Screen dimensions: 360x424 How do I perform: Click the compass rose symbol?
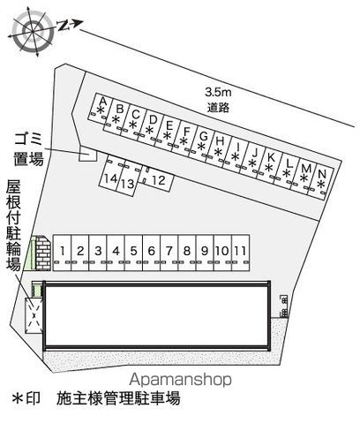(32, 32)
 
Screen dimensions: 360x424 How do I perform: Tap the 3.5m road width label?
(218, 93)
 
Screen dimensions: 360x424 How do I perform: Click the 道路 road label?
(218, 107)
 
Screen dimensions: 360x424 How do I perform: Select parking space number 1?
(63, 253)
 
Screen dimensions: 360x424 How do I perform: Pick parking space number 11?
(241, 253)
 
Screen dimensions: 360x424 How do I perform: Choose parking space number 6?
(152, 253)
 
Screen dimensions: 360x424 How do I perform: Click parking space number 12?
(156, 179)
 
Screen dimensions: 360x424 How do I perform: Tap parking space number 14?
(109, 174)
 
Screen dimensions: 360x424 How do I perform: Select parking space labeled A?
(98, 109)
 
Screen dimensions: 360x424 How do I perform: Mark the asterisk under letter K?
(269, 168)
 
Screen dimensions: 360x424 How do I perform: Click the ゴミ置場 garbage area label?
(29, 149)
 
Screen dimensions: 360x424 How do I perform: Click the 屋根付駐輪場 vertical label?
(13, 225)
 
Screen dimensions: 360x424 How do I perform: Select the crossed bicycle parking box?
(34, 315)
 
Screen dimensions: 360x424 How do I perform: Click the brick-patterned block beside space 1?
(43, 254)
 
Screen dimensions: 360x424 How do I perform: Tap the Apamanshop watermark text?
(180, 380)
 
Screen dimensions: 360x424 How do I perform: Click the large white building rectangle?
(156, 315)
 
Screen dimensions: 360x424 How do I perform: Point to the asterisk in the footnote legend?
(18, 398)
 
